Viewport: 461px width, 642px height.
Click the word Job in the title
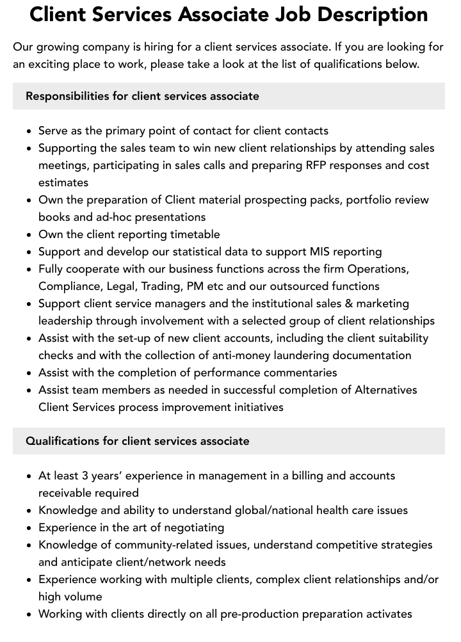[300, 14]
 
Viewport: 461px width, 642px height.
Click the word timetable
[190, 234]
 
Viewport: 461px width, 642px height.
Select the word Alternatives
[386, 390]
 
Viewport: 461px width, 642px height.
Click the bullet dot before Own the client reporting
[29, 235]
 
